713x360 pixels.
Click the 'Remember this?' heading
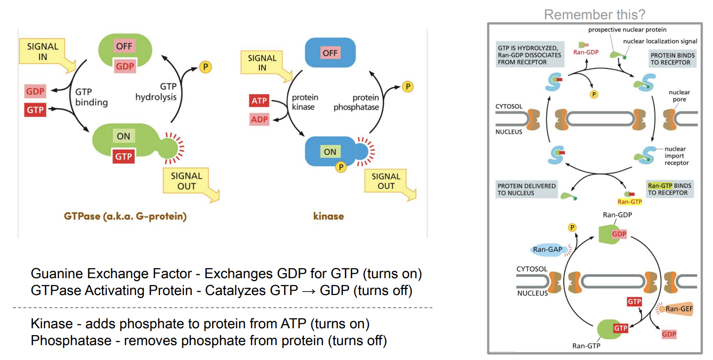point(594,14)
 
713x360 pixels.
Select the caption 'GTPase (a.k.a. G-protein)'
point(125,216)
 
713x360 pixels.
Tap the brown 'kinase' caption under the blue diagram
point(328,216)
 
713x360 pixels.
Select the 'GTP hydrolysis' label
point(156,92)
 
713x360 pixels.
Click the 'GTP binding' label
point(91,97)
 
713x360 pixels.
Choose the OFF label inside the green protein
point(123,47)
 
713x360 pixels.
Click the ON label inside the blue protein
point(330,152)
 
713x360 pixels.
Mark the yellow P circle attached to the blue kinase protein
point(340,167)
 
